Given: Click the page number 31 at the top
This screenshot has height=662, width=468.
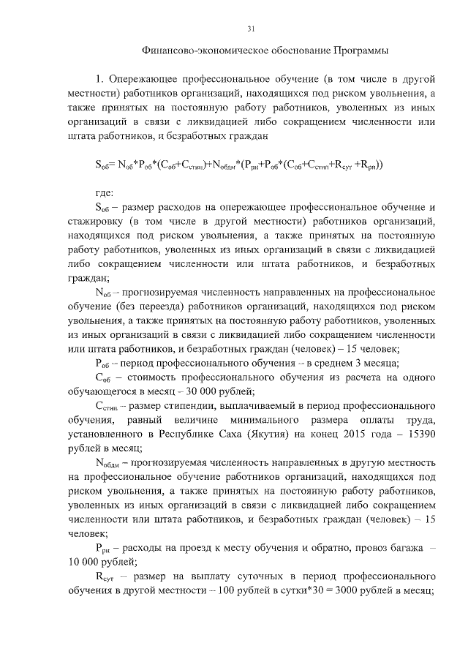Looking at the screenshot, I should tap(251, 29).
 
